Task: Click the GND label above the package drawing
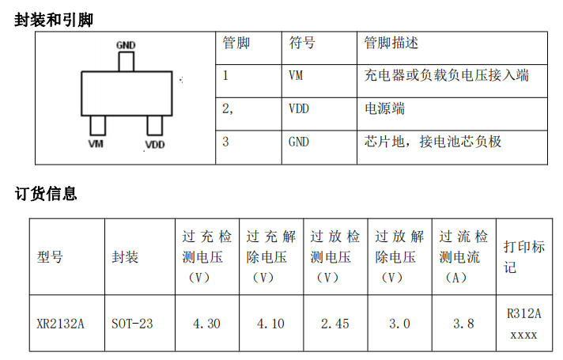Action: pyautogui.click(x=126, y=45)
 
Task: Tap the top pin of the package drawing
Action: pyautogui.click(x=127, y=62)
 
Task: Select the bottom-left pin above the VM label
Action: pyautogui.click(x=98, y=125)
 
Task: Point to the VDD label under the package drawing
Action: pyautogui.click(x=155, y=145)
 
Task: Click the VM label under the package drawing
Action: pyautogui.click(x=96, y=144)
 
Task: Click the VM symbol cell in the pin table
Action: pyautogui.click(x=296, y=75)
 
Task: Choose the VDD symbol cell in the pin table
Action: pyautogui.click(x=299, y=108)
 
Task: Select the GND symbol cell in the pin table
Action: pyautogui.click(x=299, y=142)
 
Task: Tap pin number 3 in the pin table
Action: pyautogui.click(x=225, y=142)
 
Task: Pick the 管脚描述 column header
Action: pyautogui.click(x=391, y=43)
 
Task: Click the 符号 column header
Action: pyautogui.click(x=302, y=43)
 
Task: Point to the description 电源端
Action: pyautogui.click(x=384, y=108)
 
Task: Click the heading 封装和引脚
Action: pyautogui.click(x=54, y=20)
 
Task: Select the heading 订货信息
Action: pyautogui.click(x=46, y=194)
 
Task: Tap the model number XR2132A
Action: pyautogui.click(x=60, y=324)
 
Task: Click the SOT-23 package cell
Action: pyautogui.click(x=132, y=324)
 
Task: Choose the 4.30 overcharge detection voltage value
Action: pyautogui.click(x=206, y=324)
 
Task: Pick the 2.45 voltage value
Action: pyautogui.click(x=335, y=324)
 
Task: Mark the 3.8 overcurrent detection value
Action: pyautogui.click(x=463, y=324)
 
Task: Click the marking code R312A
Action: pyautogui.click(x=524, y=313)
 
